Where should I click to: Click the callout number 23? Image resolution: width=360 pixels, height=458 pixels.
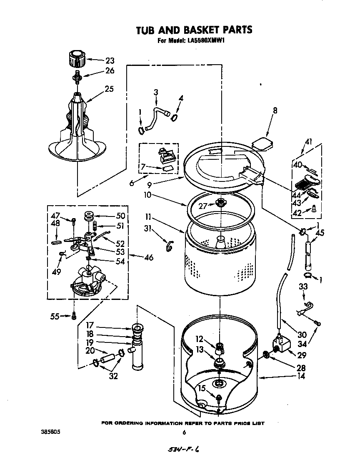109,60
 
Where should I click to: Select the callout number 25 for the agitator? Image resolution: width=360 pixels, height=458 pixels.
109,89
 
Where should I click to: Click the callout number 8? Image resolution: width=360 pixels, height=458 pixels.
275,111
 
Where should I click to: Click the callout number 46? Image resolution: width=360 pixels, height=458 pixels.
148,257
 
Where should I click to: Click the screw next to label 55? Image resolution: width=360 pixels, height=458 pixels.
74,317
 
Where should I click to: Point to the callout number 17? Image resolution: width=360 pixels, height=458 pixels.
90,326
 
